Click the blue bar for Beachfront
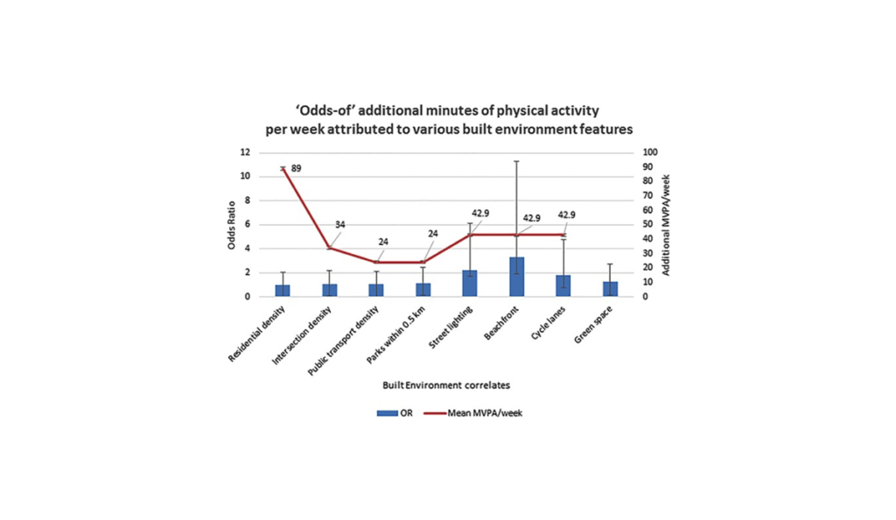[x=516, y=277]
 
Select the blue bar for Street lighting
[x=470, y=283]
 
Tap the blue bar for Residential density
[x=283, y=291]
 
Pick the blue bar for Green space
[x=610, y=289]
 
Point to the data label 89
[x=296, y=168]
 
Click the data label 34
[x=339, y=225]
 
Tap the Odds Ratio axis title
[x=233, y=224]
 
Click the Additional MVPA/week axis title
[x=666, y=224]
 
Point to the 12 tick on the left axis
[x=246, y=151]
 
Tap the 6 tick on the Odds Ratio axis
[x=248, y=224]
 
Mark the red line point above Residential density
[x=283, y=168]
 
